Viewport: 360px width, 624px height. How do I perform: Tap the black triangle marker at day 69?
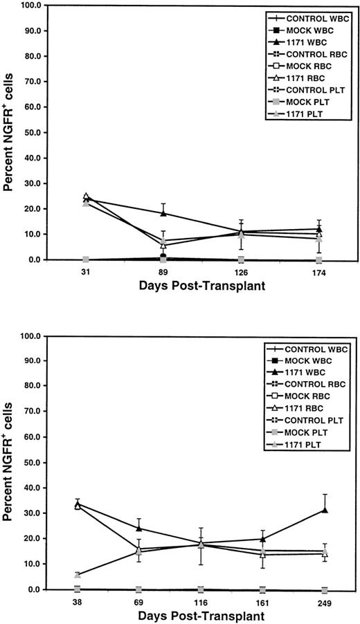pos(139,529)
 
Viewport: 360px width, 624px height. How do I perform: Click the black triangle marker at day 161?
pos(263,539)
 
